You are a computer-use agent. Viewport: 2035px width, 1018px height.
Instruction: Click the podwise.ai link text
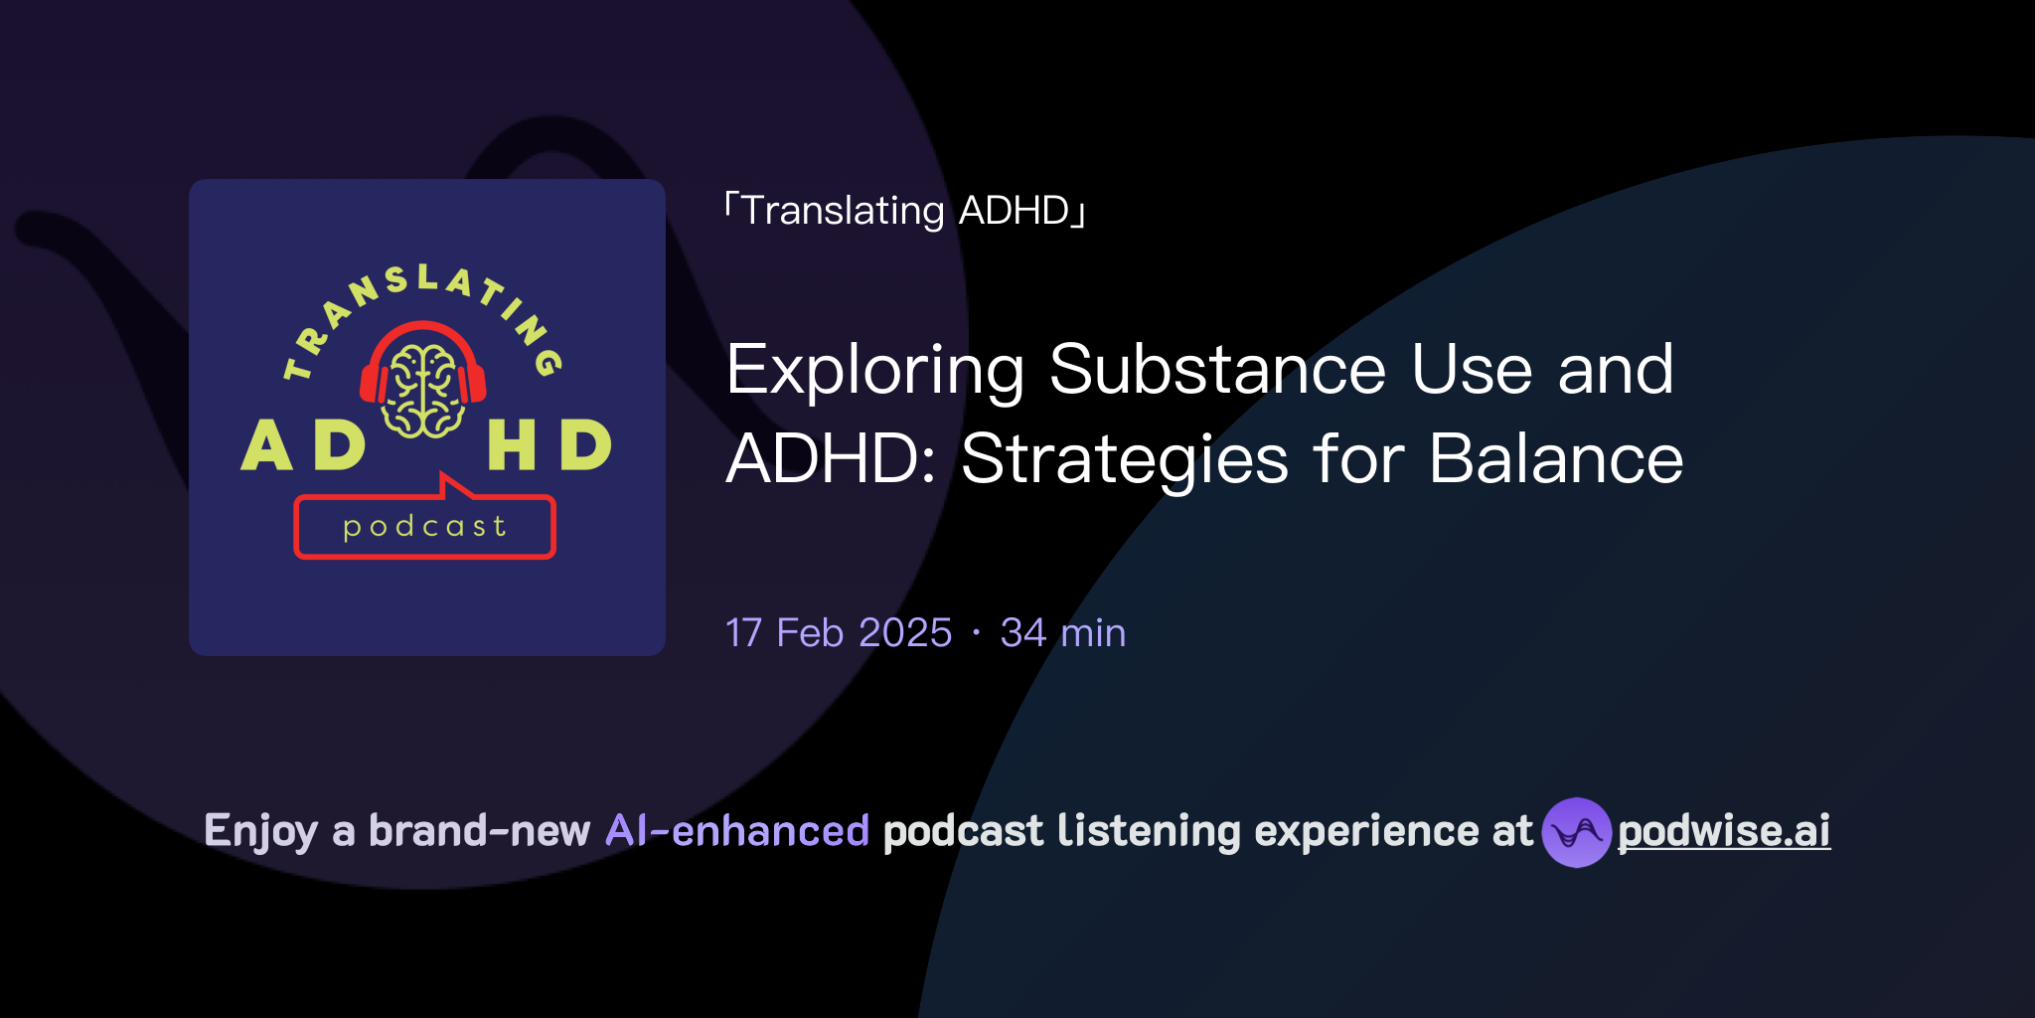[x=1724, y=831]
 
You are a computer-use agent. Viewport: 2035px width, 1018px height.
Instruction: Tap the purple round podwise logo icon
[x=1576, y=832]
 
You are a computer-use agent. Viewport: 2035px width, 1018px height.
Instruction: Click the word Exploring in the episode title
[x=874, y=371]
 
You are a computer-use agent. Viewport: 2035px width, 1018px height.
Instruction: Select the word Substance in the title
[x=1217, y=370]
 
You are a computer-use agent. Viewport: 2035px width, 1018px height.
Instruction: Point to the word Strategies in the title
[x=1124, y=460]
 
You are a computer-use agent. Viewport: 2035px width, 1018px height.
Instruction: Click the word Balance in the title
[x=1556, y=459]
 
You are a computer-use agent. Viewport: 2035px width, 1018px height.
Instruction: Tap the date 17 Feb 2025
[x=839, y=633]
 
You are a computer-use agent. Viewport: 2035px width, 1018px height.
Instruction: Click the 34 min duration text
[x=1063, y=633]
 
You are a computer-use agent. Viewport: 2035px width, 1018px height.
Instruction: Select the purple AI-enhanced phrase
[x=737, y=831]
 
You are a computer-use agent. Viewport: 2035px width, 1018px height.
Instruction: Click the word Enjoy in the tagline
[x=260, y=831]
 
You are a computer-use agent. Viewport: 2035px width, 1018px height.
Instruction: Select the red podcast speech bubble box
[x=424, y=527]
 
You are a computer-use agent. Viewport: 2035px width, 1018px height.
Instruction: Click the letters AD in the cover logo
[x=303, y=445]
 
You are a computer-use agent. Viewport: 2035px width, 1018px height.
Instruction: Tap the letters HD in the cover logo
[x=548, y=445]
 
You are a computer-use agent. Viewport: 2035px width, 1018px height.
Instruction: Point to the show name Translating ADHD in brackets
[x=905, y=211]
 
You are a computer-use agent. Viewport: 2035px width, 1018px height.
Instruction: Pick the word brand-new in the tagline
[x=479, y=831]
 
